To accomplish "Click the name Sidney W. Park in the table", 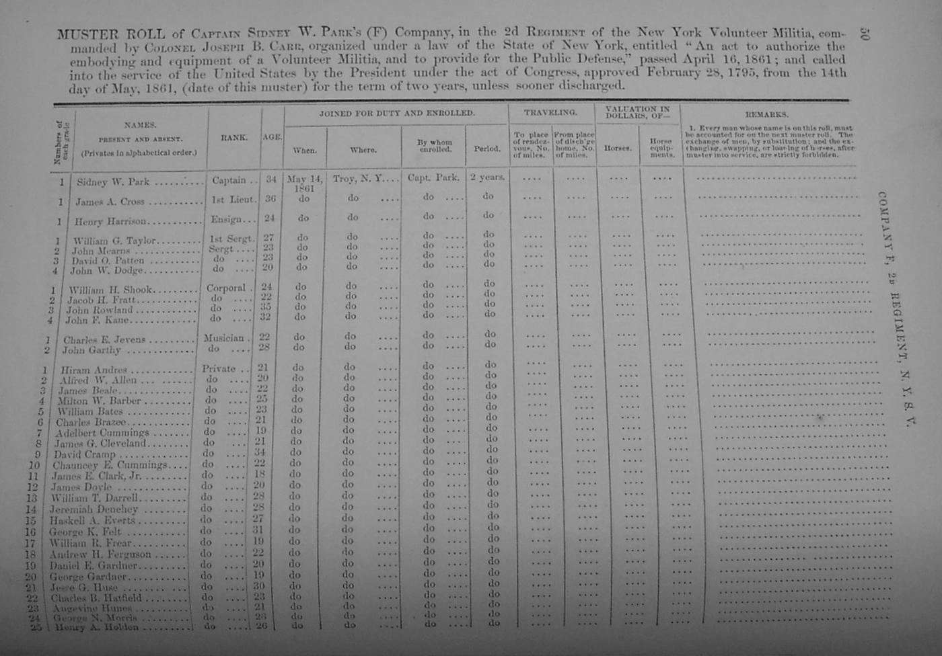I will coord(113,181).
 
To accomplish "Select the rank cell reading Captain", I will coord(229,180).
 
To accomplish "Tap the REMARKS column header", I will coord(766,115).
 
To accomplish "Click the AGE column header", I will coord(272,137).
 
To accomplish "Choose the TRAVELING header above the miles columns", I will coord(550,113).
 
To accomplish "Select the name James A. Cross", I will coord(110,202).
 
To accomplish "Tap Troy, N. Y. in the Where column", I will coord(357,179).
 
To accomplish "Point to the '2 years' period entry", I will coord(488,177).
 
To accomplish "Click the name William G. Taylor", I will coord(114,241).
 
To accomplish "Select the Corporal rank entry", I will coord(226,288).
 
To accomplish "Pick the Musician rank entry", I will coord(223,338).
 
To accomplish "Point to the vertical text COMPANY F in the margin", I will coord(883,229).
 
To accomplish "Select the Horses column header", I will coord(617,148).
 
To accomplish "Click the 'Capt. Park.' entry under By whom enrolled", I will coord(433,178).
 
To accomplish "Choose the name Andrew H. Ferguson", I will coord(100,555).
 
